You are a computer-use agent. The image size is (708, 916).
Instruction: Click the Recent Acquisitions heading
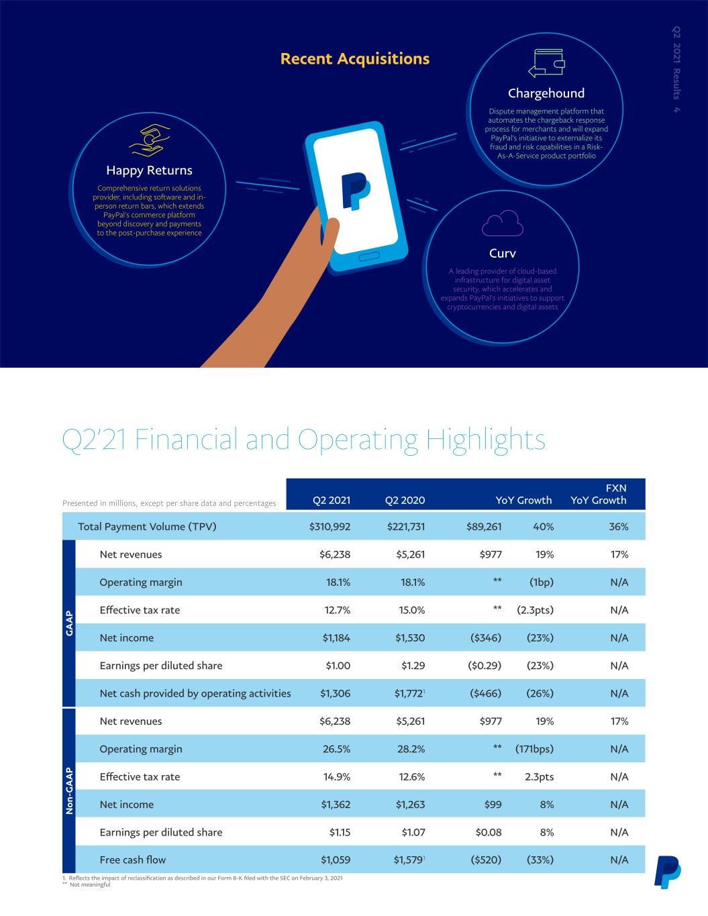(x=355, y=58)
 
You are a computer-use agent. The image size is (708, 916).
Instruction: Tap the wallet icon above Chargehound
(x=546, y=63)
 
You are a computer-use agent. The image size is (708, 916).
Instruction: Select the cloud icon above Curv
(x=503, y=223)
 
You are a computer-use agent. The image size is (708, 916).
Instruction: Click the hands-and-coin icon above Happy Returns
(x=149, y=140)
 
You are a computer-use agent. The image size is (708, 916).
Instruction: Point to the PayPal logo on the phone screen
(x=356, y=191)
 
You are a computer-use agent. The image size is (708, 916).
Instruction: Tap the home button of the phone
(x=369, y=257)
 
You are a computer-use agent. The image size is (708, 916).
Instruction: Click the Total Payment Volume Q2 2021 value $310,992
(x=330, y=527)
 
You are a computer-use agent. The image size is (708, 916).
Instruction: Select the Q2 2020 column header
(x=405, y=501)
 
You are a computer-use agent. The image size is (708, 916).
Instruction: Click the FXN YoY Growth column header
(x=599, y=494)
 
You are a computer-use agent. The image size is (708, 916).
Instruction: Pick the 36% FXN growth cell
(x=619, y=527)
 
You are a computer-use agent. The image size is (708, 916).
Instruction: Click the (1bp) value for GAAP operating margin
(x=541, y=582)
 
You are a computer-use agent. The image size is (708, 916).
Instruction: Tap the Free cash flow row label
(x=133, y=860)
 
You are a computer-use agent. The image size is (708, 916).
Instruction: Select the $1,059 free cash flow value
(x=336, y=860)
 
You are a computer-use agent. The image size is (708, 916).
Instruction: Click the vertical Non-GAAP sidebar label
(x=69, y=791)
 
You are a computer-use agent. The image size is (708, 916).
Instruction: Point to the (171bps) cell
(x=534, y=749)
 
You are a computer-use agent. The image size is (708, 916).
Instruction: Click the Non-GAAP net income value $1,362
(x=336, y=805)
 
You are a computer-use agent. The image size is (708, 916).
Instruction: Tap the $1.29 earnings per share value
(x=413, y=666)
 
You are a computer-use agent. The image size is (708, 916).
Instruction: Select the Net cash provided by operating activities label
(x=195, y=693)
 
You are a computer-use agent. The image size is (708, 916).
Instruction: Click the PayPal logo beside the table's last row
(x=668, y=872)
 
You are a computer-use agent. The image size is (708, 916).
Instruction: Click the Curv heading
(x=503, y=254)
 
